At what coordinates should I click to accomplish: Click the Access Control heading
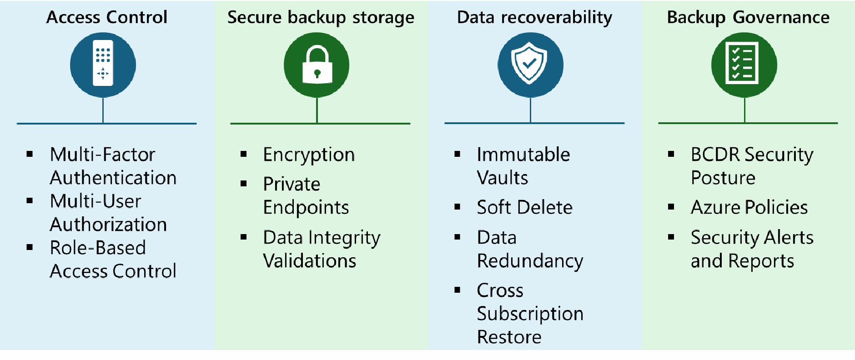tap(107, 17)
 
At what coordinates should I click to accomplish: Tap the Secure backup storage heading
tap(321, 18)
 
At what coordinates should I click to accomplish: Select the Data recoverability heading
tap(534, 18)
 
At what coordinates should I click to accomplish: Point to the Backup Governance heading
tap(748, 18)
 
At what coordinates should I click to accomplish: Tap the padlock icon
tap(317, 65)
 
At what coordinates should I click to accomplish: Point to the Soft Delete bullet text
tap(524, 207)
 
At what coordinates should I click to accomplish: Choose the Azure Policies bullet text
tap(749, 207)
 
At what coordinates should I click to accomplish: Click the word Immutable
tap(523, 155)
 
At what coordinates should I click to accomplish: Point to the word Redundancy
tap(530, 261)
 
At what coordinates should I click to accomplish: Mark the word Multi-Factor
tap(102, 155)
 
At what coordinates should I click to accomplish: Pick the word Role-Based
tap(98, 248)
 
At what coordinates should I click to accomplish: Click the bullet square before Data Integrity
tap(244, 237)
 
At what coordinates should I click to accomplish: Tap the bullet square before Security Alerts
tap(671, 237)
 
